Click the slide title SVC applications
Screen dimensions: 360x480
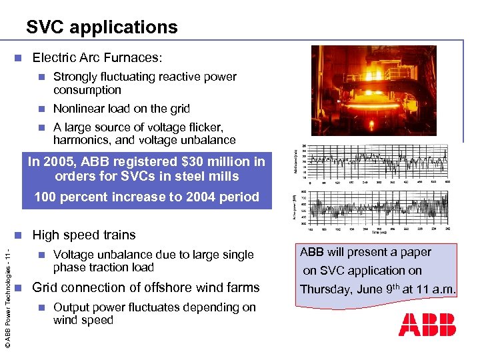click(102, 27)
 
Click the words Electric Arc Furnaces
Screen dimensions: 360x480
click(97, 58)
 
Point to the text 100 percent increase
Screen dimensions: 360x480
click(99, 197)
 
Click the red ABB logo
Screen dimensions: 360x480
click(427, 325)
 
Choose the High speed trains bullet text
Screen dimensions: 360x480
click(83, 235)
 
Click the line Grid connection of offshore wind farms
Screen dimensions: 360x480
click(145, 288)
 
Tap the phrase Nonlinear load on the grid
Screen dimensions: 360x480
click(121, 109)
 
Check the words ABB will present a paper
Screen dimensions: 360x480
click(365, 252)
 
